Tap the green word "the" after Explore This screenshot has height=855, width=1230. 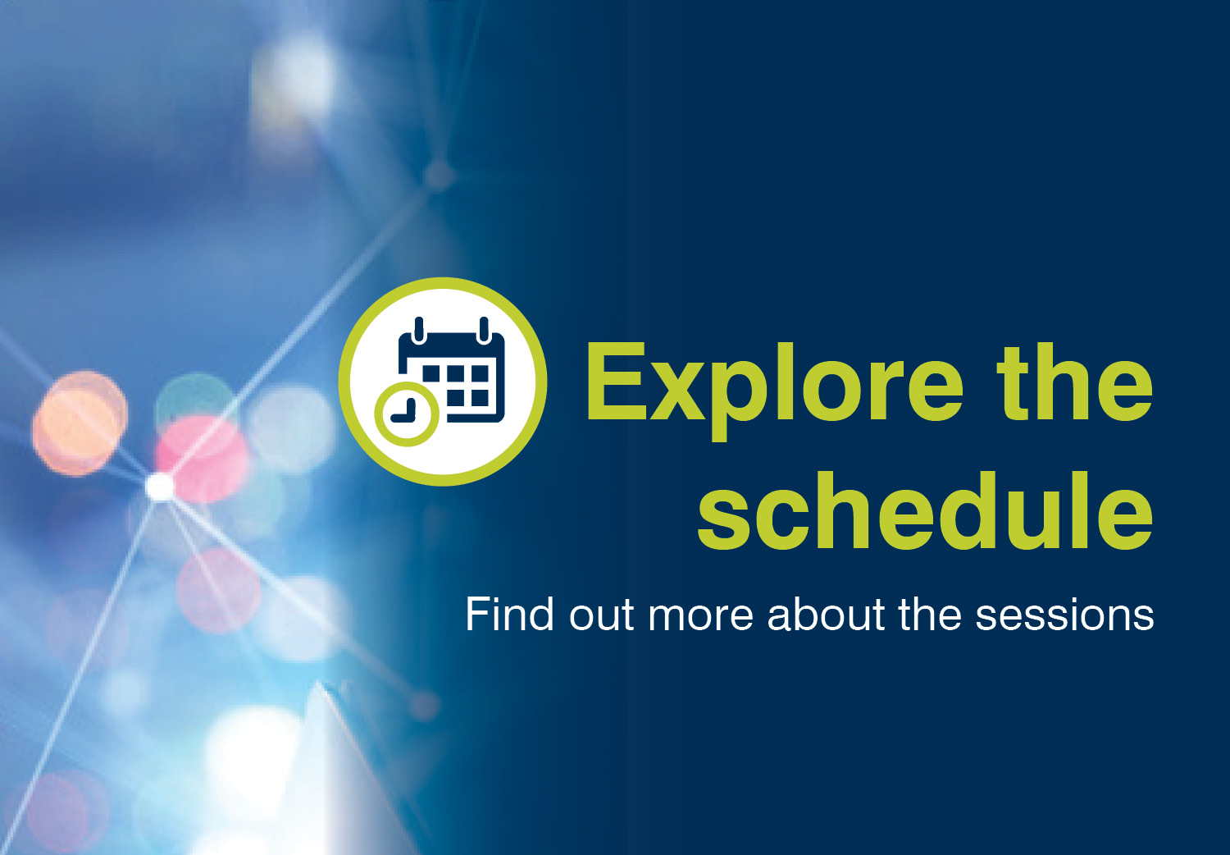tap(1074, 382)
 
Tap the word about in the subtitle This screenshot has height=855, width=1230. tap(826, 614)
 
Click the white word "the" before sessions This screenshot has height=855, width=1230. tap(930, 614)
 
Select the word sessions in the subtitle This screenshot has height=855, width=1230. tap(1064, 616)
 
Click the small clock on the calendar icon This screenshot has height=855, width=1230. tap(407, 414)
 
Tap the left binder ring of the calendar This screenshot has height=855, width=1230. tap(419, 330)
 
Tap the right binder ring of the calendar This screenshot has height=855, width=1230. tap(484, 330)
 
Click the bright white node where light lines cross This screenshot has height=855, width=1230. tap(160, 487)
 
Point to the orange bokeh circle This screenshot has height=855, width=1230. tap(80, 423)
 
